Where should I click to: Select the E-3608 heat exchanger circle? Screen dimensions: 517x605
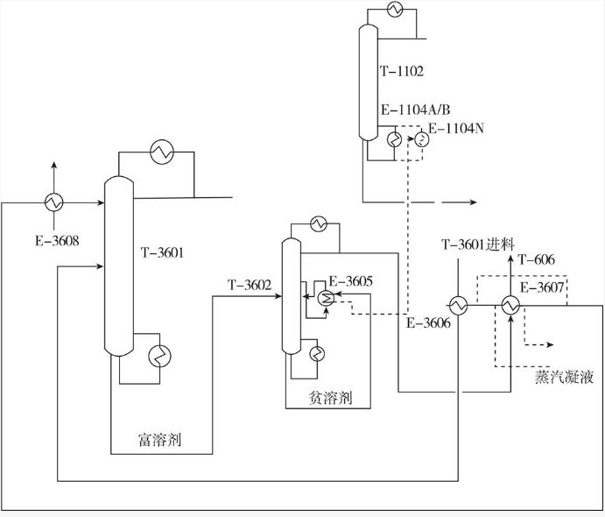(x=53, y=202)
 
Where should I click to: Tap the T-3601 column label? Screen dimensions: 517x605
(x=164, y=254)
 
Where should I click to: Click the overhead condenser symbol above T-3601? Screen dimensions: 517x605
(x=161, y=152)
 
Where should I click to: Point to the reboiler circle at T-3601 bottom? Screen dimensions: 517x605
(x=160, y=355)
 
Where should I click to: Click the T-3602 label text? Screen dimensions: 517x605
(x=250, y=285)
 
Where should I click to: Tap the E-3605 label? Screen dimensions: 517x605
(x=350, y=281)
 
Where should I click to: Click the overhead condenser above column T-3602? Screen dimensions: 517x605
(x=320, y=223)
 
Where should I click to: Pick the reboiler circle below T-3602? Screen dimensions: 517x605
(x=317, y=352)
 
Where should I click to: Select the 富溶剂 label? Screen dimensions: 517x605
(x=160, y=437)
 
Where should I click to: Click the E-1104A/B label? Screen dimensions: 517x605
(x=415, y=110)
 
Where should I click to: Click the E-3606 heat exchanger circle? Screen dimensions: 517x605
(x=457, y=305)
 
